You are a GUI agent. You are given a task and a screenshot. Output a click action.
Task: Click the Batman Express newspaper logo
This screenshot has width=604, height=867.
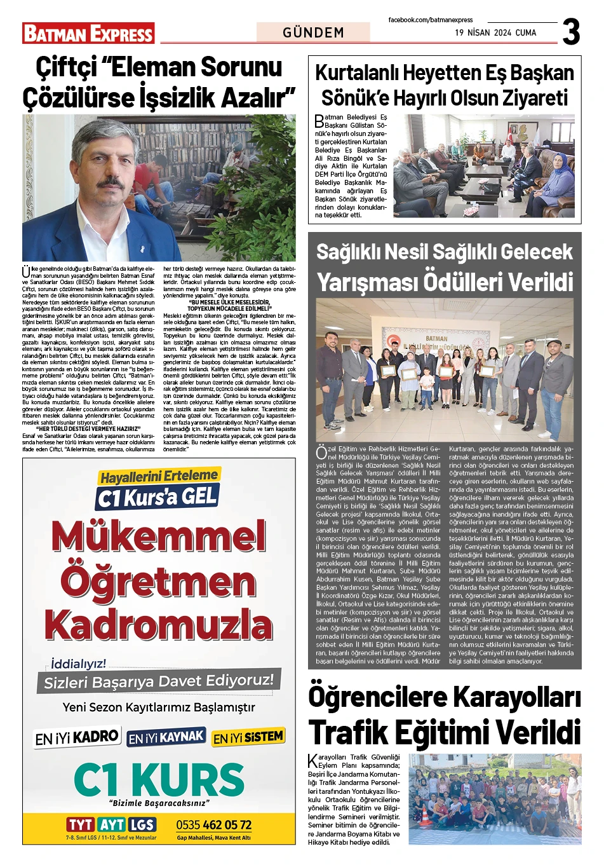[x=88, y=33]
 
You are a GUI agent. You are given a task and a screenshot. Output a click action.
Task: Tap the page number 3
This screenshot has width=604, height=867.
[x=571, y=32]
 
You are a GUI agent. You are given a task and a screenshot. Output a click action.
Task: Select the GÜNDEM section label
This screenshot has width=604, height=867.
[x=313, y=32]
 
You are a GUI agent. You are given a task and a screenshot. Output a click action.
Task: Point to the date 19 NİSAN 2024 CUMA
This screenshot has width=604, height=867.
[x=495, y=32]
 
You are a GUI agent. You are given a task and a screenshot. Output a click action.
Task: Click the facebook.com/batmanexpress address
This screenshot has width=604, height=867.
[x=431, y=20]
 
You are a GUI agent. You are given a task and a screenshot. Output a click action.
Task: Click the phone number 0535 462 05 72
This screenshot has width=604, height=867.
[x=213, y=825]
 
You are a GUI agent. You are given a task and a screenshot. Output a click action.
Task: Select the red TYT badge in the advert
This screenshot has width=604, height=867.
[x=81, y=824]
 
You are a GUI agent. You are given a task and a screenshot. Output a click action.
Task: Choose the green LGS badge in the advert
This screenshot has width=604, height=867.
[x=142, y=824]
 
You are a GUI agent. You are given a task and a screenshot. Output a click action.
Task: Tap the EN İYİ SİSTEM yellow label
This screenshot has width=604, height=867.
[x=248, y=737]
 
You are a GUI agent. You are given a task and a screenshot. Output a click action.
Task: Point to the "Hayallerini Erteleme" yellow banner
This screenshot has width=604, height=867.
[x=159, y=476]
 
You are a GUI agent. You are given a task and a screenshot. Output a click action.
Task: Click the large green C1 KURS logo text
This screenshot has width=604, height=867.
[x=159, y=779]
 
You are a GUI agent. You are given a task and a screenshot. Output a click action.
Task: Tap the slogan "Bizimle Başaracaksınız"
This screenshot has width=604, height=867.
[x=159, y=803]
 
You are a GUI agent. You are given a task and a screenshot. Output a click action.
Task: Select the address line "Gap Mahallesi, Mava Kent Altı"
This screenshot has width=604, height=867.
[x=213, y=838]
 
